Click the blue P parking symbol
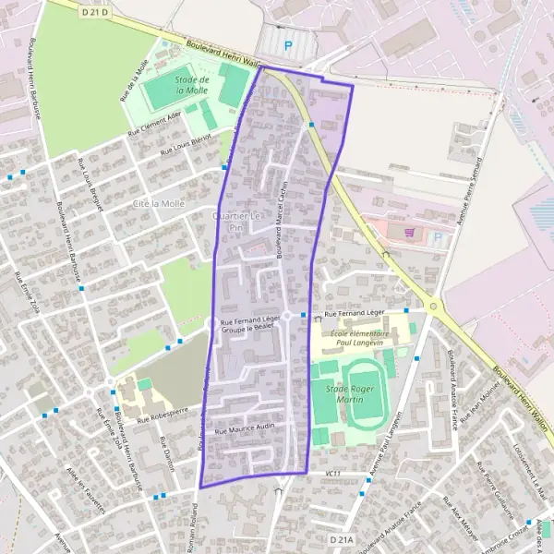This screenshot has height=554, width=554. click(x=289, y=44)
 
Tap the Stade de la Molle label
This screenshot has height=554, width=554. click(x=192, y=86)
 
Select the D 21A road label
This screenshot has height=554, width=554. click(x=342, y=537)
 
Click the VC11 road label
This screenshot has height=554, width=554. click(x=333, y=475)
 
